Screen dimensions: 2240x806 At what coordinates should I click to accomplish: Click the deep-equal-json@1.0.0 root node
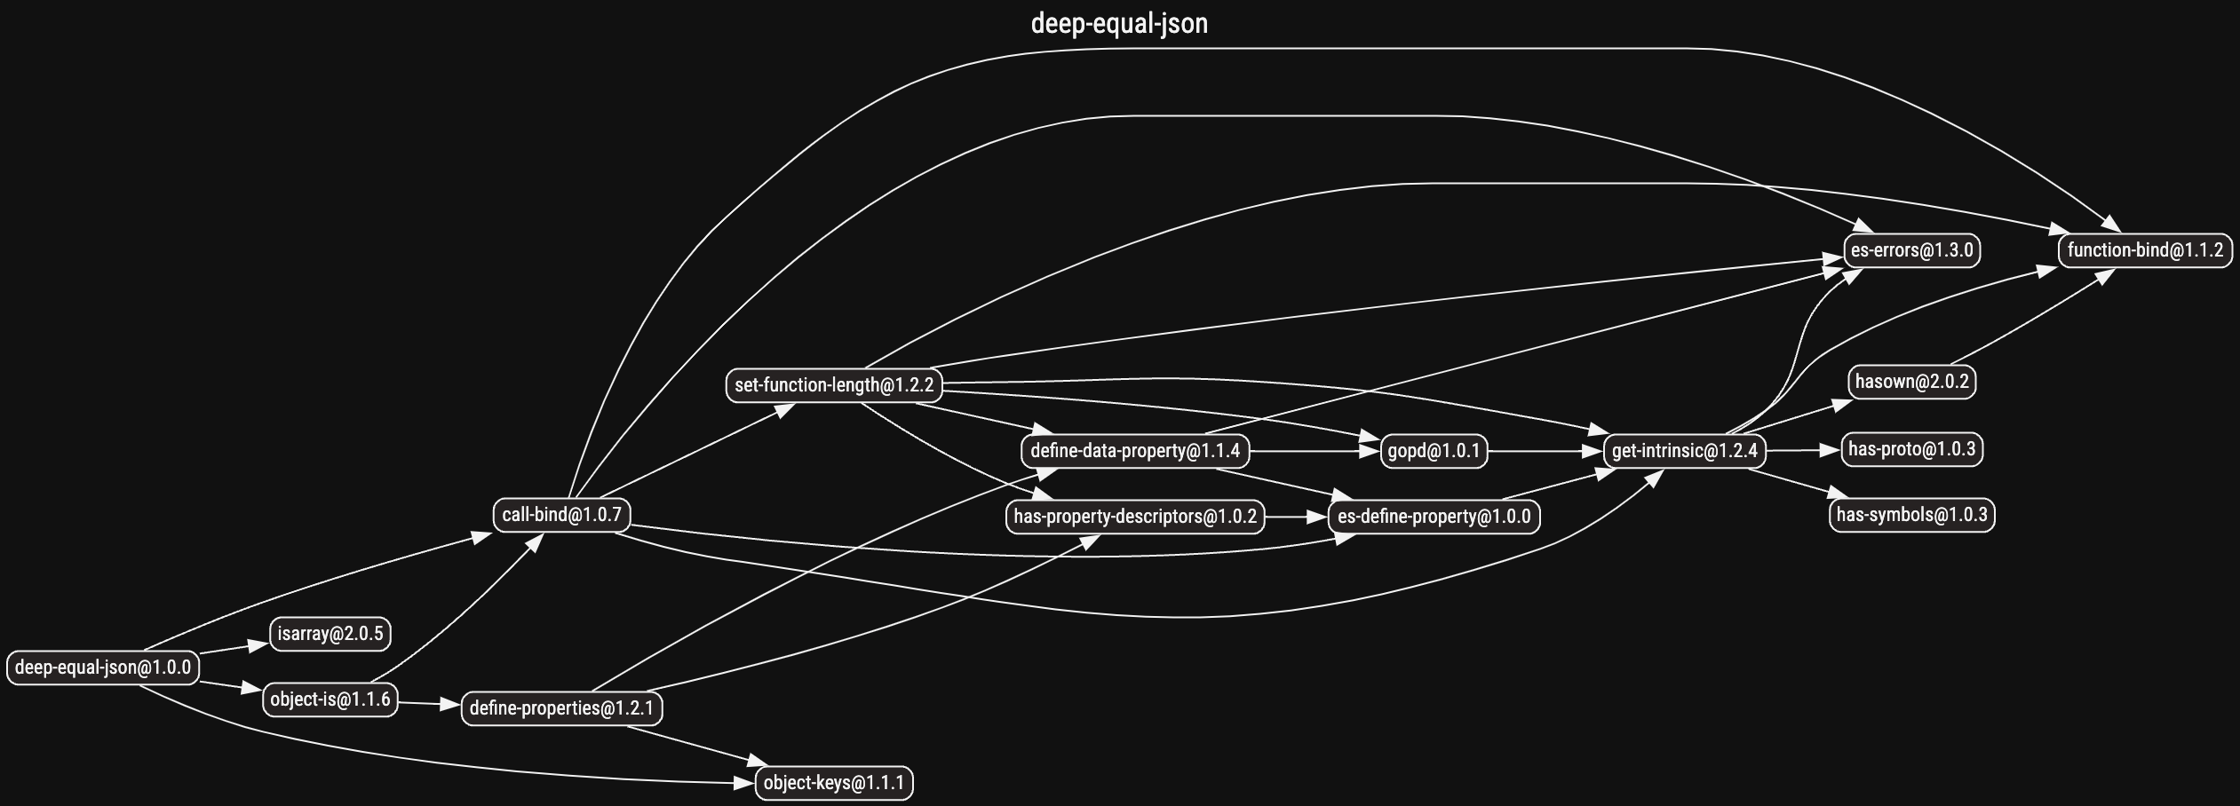click(103, 668)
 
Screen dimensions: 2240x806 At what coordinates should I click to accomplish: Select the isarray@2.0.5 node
click(330, 634)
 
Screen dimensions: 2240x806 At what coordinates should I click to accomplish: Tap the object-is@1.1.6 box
click(330, 699)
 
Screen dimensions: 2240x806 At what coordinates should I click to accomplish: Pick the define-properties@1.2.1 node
click(561, 708)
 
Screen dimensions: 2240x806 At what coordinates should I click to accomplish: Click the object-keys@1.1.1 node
click(834, 783)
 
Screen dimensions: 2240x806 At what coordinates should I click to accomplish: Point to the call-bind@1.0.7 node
click(562, 515)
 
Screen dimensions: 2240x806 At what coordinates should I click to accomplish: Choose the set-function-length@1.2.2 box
click(834, 385)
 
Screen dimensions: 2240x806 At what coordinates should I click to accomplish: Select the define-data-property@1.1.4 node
click(1135, 451)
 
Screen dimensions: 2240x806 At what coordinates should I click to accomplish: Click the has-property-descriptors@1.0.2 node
click(1135, 517)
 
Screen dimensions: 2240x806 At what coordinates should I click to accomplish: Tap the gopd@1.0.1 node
click(1434, 451)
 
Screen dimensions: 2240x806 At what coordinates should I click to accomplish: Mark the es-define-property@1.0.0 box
click(1434, 517)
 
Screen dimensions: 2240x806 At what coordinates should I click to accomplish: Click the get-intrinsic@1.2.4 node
click(1685, 451)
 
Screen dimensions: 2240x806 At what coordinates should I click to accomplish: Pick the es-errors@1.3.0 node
click(1912, 250)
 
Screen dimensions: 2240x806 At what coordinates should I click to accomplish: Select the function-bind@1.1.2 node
click(2146, 250)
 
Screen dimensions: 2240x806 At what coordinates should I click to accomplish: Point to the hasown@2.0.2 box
click(1912, 382)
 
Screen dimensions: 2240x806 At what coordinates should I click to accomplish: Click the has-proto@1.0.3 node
click(1912, 449)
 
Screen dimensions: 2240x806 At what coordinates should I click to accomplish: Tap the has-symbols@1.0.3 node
click(1912, 515)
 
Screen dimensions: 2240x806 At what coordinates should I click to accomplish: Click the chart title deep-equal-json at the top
click(1119, 23)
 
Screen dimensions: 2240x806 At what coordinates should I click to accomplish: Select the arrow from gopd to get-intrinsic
click(1545, 451)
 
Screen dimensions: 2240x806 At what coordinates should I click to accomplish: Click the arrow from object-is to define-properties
click(430, 704)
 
